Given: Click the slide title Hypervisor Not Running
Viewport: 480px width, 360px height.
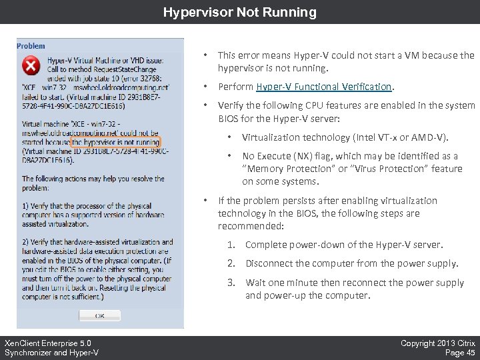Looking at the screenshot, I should click(x=240, y=12).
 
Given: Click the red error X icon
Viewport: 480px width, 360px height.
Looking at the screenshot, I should click(x=31, y=66).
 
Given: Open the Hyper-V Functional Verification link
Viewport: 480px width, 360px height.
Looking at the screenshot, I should click(x=324, y=87).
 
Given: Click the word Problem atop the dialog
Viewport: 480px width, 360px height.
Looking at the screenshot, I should click(x=31, y=46).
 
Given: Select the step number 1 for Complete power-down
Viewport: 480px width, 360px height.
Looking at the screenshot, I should click(x=231, y=245).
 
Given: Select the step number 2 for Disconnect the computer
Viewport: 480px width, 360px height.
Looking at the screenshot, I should click(x=231, y=263).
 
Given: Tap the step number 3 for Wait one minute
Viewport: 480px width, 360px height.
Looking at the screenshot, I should click(x=231, y=283).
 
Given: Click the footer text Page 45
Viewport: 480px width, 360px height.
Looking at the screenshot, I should click(x=459, y=353).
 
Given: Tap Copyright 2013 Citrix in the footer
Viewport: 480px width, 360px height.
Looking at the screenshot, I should click(x=437, y=343).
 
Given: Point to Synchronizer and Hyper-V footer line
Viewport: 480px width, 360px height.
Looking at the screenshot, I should click(x=51, y=353).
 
